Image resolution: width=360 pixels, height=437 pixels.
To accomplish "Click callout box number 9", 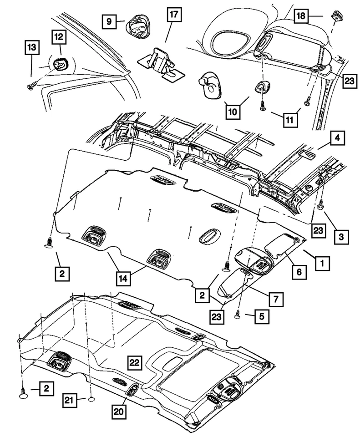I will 109,21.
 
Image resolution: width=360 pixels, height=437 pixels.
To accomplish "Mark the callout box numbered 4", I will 338,138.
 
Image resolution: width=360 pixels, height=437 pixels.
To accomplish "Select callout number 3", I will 340,236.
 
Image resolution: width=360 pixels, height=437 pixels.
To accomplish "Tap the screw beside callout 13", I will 32,85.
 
